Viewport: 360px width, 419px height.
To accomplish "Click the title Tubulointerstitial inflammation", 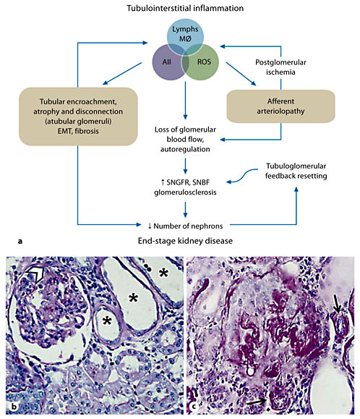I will coord(180,9).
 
